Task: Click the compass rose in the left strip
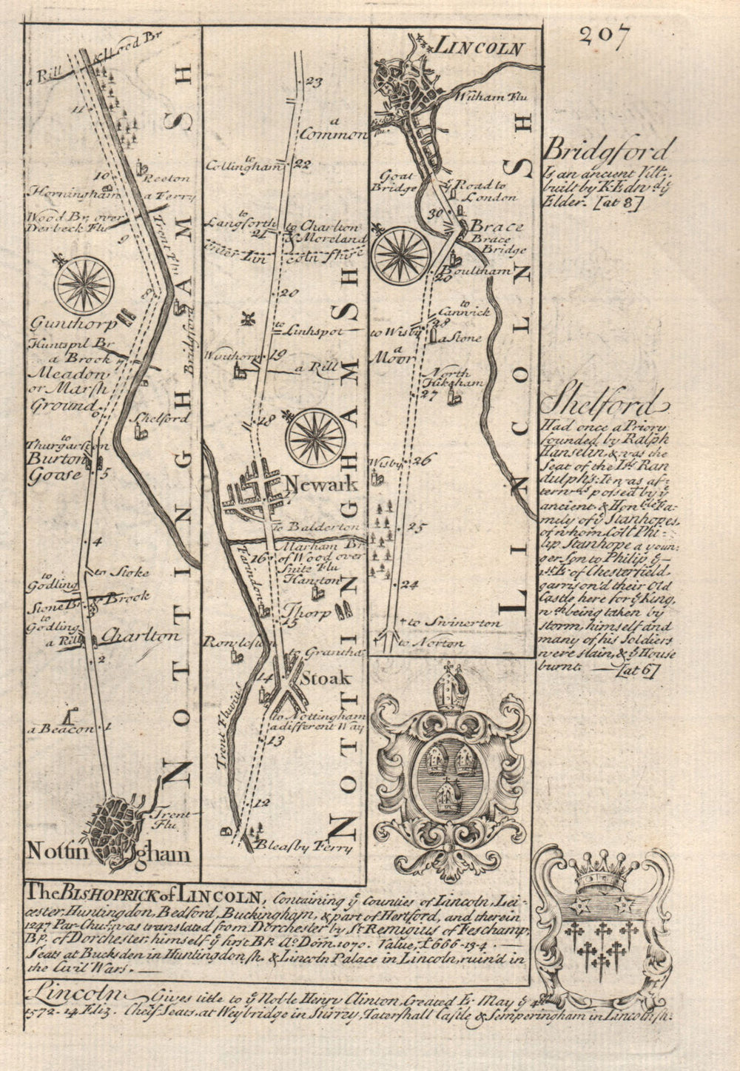(85, 285)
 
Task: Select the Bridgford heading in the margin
(608, 152)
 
